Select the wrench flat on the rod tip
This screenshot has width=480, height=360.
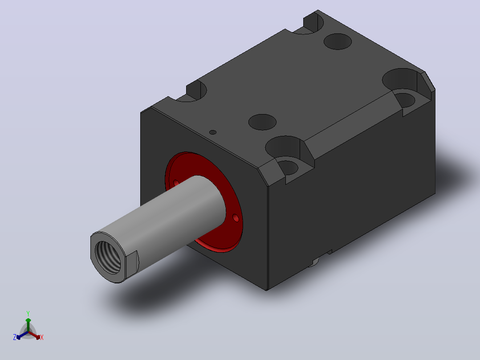pyautogui.click(x=132, y=263)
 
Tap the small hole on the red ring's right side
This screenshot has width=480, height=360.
pyautogui.click(x=236, y=218)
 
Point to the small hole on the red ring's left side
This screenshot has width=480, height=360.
pyautogui.click(x=176, y=183)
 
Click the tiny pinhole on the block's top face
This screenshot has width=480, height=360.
pyautogui.click(x=213, y=132)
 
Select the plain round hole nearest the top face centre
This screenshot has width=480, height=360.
pyautogui.click(x=262, y=122)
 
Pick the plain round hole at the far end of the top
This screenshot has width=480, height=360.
pyautogui.click(x=338, y=41)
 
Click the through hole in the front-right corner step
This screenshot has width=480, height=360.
pyautogui.click(x=288, y=167)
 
